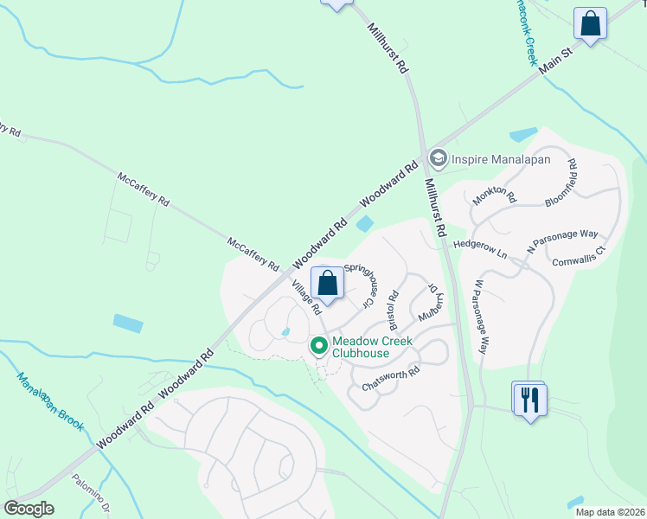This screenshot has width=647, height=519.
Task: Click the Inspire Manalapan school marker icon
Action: pos(439,158)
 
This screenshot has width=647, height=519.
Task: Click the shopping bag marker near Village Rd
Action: pos(327,283)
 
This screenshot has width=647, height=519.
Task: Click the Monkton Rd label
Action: pos(494,197)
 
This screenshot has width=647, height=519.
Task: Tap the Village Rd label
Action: pos(305,297)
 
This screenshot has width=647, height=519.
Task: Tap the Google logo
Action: pos(29,508)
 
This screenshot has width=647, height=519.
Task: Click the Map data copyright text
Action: pos(609,512)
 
